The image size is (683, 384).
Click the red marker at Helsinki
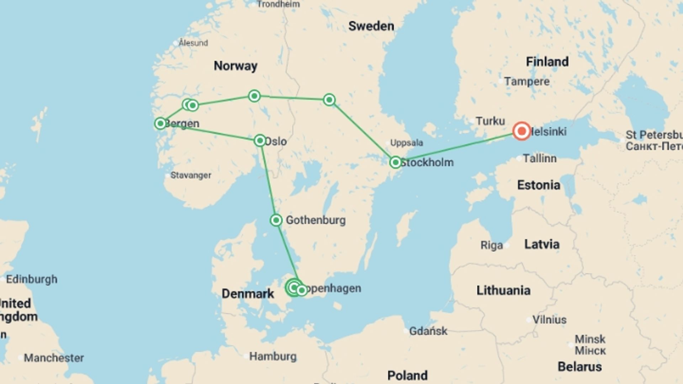pos(521,131)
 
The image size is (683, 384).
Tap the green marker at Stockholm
pos(395,162)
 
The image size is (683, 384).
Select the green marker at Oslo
pos(260,141)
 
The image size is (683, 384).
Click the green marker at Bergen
pos(160,123)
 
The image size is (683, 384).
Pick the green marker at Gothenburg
pos(276,220)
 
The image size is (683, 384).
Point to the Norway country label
pos(235,66)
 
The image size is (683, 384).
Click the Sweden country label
pos(371,26)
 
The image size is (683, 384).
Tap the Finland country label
pos(547,62)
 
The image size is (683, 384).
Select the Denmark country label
pos(248,294)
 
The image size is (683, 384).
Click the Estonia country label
pos(539,185)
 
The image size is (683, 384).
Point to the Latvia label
pos(542,244)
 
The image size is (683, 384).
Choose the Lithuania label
pos(503,290)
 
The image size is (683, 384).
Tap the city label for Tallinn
pos(539,158)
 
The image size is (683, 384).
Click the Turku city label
pos(490,121)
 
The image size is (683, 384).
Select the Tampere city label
pos(526,81)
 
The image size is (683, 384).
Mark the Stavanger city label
pos(191,175)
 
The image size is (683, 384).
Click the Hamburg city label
pos(273,356)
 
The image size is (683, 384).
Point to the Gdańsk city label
pos(428,331)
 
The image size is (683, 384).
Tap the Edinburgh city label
pos(32,279)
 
